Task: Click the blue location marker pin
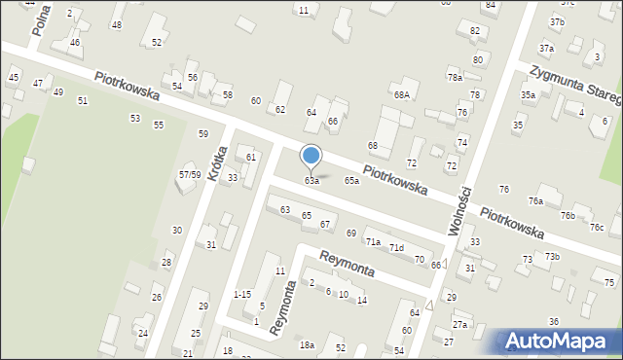tap(311, 157)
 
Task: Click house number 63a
tap(311, 181)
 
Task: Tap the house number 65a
tap(351, 181)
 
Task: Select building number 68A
tap(401, 94)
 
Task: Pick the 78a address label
tap(455, 77)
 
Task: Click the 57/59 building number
tap(190, 175)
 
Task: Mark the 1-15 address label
tap(242, 294)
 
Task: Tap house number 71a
tap(373, 241)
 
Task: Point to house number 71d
tap(397, 248)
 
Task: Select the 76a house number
tap(535, 200)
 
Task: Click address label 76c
tap(597, 228)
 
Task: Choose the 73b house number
tap(552, 256)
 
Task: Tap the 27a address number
tap(459, 324)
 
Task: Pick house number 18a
tap(307, 345)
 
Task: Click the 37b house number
tap(557, 21)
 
